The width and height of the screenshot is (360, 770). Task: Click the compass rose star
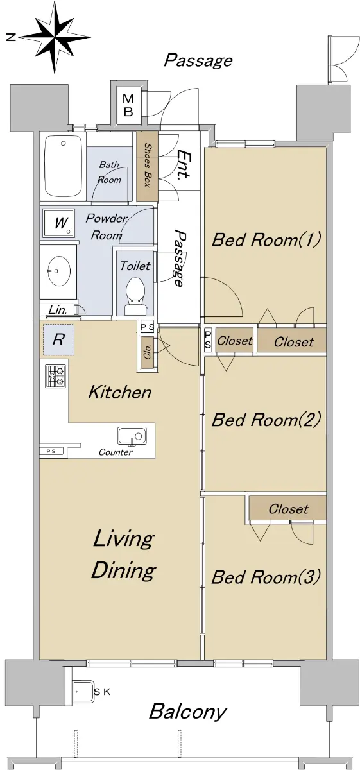pyautogui.click(x=55, y=37)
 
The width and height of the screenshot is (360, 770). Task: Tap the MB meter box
pyautogui.click(x=128, y=105)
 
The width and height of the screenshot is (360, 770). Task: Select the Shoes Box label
pyautogui.click(x=148, y=165)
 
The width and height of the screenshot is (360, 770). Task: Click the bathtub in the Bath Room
pyautogui.click(x=63, y=167)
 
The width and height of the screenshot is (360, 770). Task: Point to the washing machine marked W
pyautogui.click(x=59, y=223)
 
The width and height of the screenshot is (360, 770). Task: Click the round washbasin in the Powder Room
pyautogui.click(x=59, y=270)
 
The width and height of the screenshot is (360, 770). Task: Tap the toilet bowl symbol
pyautogui.click(x=135, y=296)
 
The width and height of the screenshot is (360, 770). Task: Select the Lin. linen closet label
pyautogui.click(x=57, y=310)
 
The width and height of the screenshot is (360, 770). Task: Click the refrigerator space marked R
pyautogui.click(x=58, y=339)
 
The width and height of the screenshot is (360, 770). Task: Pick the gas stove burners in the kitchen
pyautogui.click(x=56, y=376)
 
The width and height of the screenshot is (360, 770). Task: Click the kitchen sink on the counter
pyautogui.click(x=132, y=436)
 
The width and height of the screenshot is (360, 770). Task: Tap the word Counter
pyautogui.click(x=116, y=452)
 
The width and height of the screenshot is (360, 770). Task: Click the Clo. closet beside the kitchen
pyautogui.click(x=148, y=352)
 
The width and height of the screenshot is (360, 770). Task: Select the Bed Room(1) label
pyautogui.click(x=266, y=239)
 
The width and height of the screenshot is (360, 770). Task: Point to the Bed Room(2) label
pyautogui.click(x=266, y=420)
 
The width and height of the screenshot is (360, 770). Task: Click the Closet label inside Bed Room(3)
pyautogui.click(x=288, y=509)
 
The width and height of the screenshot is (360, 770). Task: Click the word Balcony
pyautogui.click(x=188, y=712)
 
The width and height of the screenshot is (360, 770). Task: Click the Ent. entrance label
pyautogui.click(x=184, y=164)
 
